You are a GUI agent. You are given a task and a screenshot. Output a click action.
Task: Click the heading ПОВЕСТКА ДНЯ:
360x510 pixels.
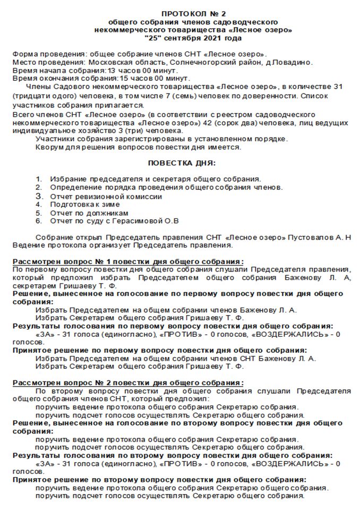coord(182,164)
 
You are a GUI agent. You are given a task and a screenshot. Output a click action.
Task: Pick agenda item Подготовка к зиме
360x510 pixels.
coord(85,205)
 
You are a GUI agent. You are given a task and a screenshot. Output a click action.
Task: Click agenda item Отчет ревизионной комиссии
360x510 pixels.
coord(106,197)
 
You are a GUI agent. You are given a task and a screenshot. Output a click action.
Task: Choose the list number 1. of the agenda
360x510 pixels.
coord(39,180)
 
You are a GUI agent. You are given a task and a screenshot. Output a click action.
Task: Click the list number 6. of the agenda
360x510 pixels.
coord(39,221)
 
